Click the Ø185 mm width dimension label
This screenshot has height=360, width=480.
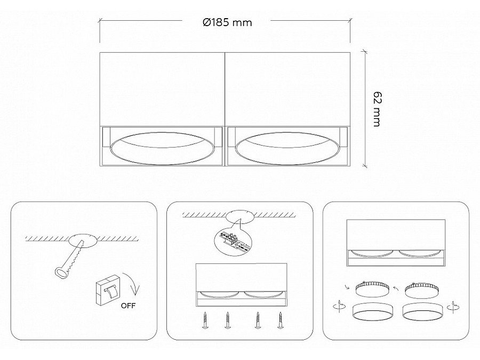click(x=227, y=22)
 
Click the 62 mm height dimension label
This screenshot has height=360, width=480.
click(x=377, y=109)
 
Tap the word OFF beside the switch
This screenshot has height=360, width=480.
click(x=128, y=306)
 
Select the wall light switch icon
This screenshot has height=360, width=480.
click(x=108, y=290)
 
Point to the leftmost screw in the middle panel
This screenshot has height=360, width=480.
click(x=204, y=320)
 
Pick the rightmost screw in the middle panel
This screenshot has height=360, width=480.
click(x=280, y=320)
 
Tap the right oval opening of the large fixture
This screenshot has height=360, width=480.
click(x=287, y=148)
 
